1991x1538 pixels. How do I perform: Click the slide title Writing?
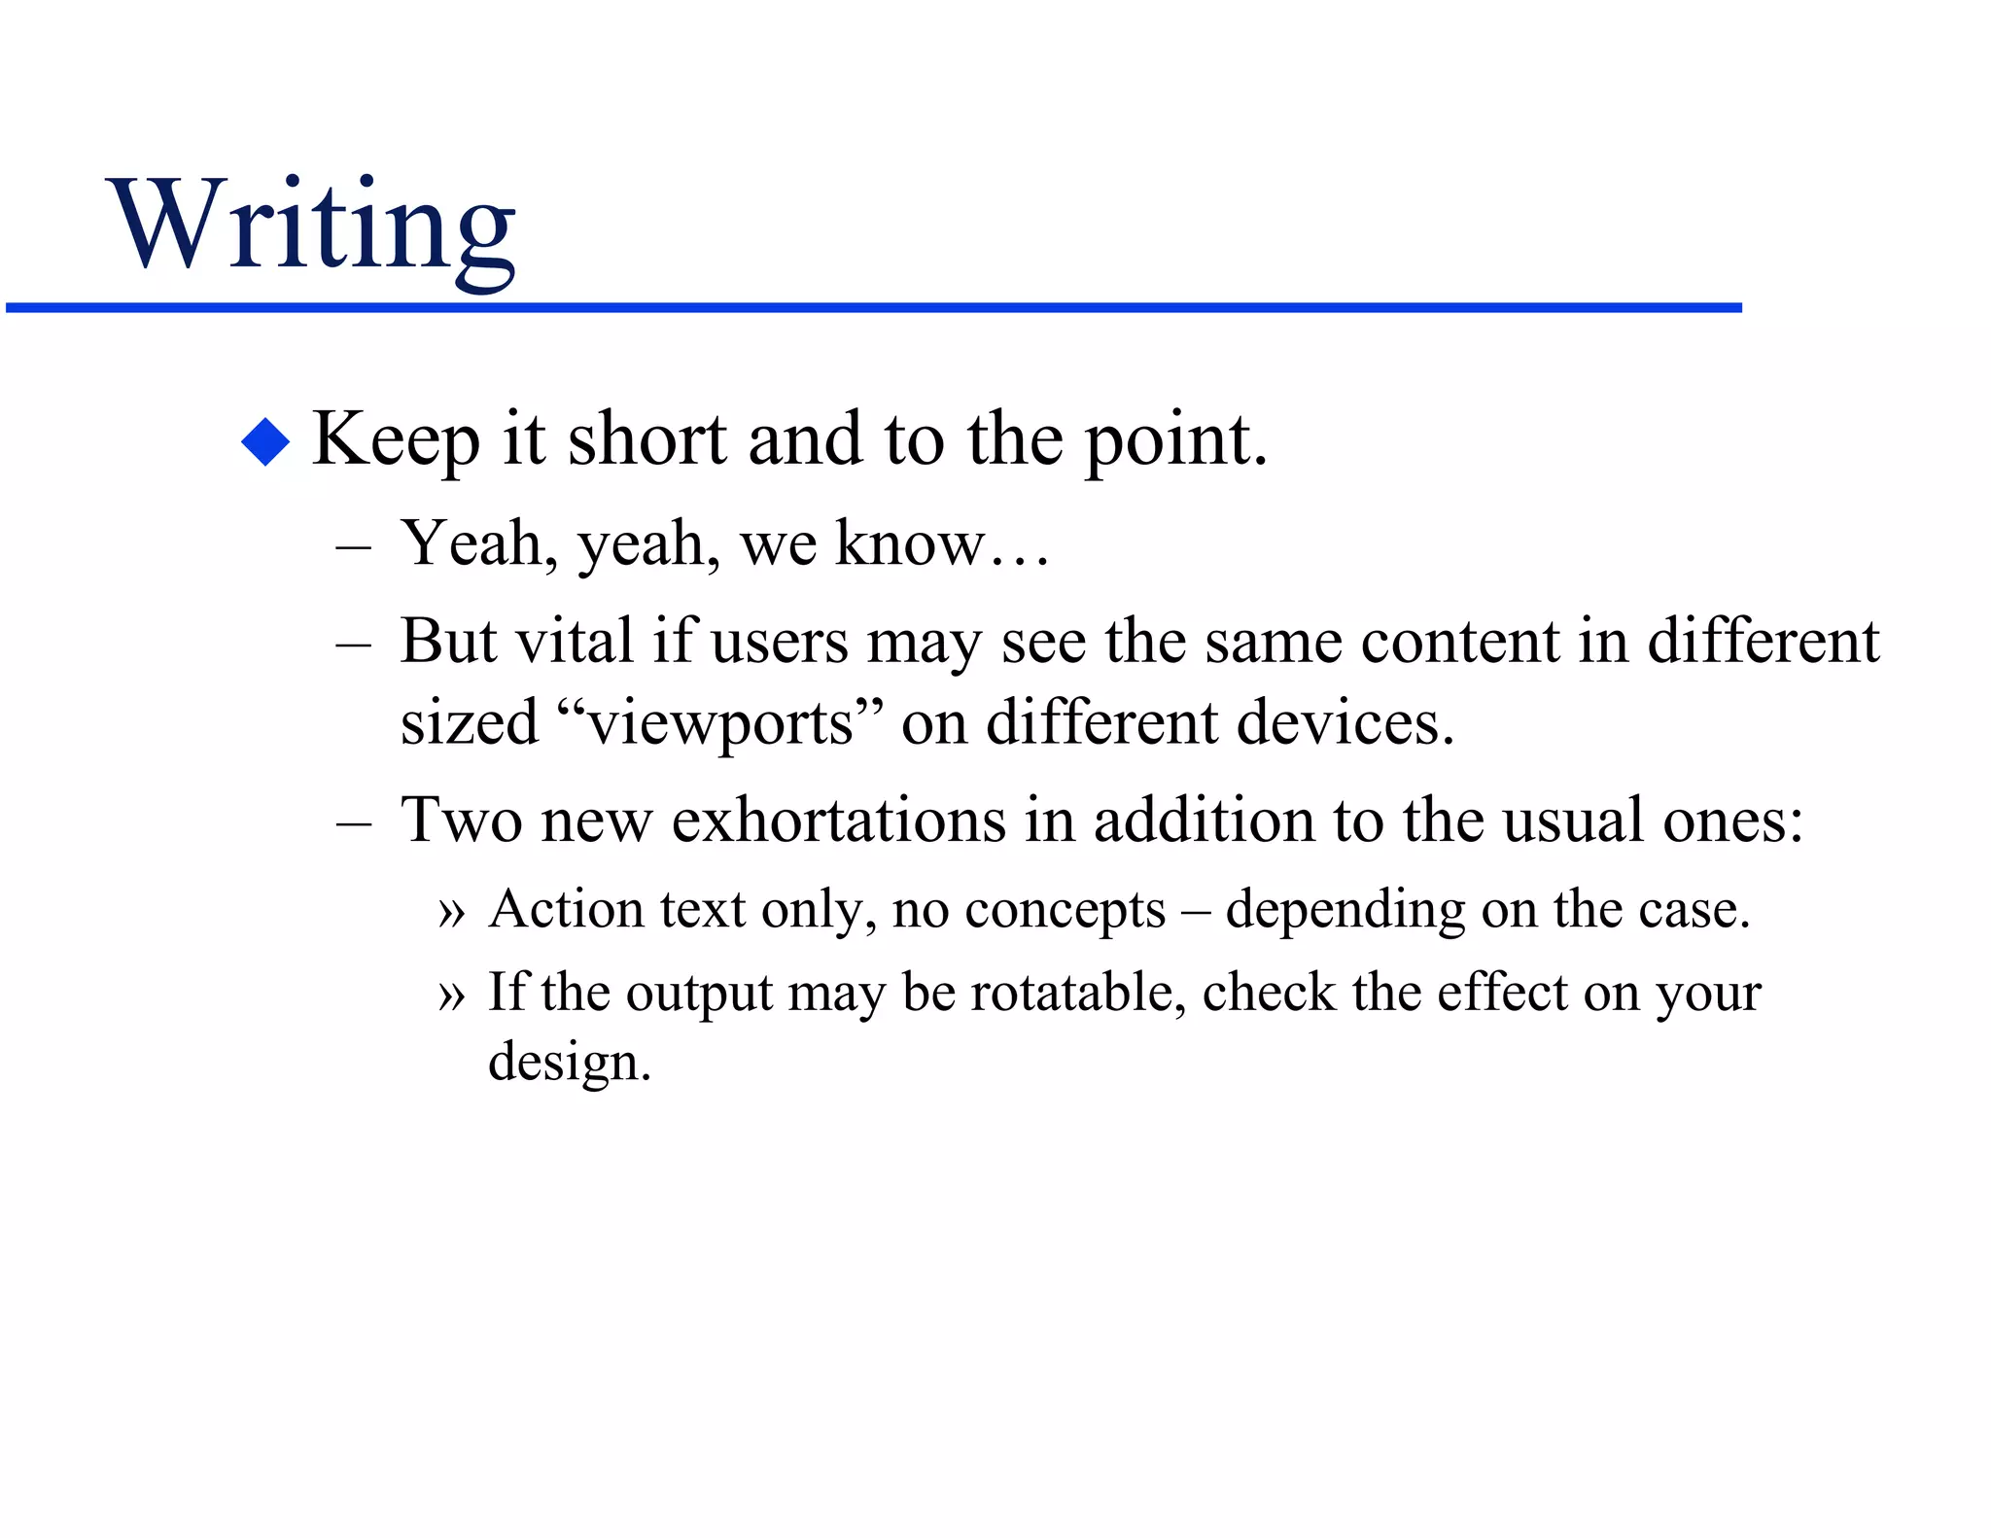click(x=313, y=226)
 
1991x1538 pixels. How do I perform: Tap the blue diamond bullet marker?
click(x=265, y=442)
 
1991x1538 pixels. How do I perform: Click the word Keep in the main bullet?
click(x=396, y=440)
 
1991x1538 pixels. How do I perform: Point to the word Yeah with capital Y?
click(x=471, y=543)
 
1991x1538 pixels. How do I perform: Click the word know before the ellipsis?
click(x=910, y=543)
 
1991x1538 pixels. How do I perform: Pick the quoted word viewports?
click(x=720, y=723)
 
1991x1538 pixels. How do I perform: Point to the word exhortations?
click(x=839, y=820)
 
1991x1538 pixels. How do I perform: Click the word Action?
click(x=567, y=910)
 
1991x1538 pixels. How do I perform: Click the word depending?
click(x=1345, y=912)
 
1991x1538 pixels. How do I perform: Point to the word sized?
click(x=469, y=723)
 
